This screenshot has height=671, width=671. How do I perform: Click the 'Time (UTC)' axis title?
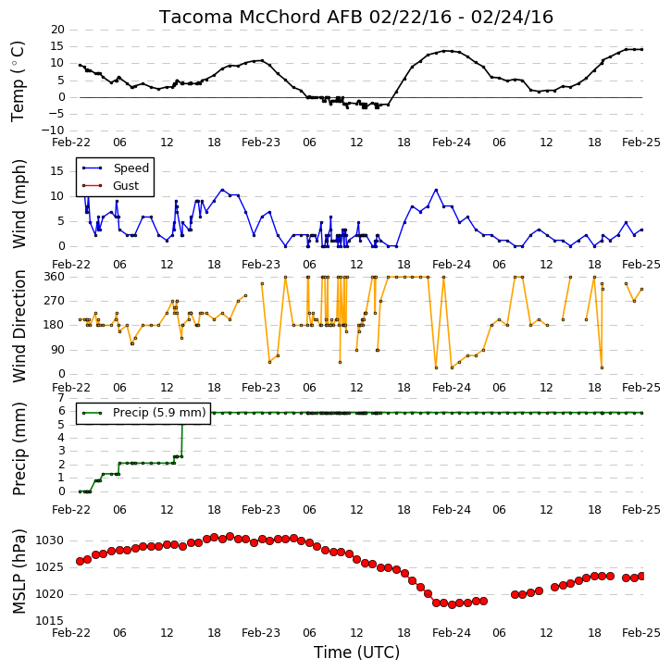pos(356,652)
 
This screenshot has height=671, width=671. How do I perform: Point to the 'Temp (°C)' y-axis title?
pos(18,81)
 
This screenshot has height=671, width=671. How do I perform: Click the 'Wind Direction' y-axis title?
pos(19,326)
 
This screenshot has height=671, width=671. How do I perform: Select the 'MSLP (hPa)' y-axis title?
pos(19,571)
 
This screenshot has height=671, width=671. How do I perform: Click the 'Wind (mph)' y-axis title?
pos(19,204)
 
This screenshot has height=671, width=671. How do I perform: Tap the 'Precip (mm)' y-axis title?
pos(19,449)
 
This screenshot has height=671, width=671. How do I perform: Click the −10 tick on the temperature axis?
pos(53,130)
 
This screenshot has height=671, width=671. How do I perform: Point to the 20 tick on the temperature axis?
pos(57,30)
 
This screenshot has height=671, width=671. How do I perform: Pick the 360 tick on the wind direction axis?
pos(55,277)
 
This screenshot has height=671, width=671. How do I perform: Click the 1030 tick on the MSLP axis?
pos(49,541)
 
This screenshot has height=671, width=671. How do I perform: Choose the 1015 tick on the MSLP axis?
pos(49,621)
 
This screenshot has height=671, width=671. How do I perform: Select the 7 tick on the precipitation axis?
pos(62,398)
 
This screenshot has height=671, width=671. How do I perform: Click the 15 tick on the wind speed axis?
pos(57,171)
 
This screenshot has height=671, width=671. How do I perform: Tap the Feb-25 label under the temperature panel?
pos(641,143)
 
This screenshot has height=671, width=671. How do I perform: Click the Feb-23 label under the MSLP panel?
pos(261,633)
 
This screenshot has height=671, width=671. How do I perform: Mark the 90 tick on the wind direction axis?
pos(57,350)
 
